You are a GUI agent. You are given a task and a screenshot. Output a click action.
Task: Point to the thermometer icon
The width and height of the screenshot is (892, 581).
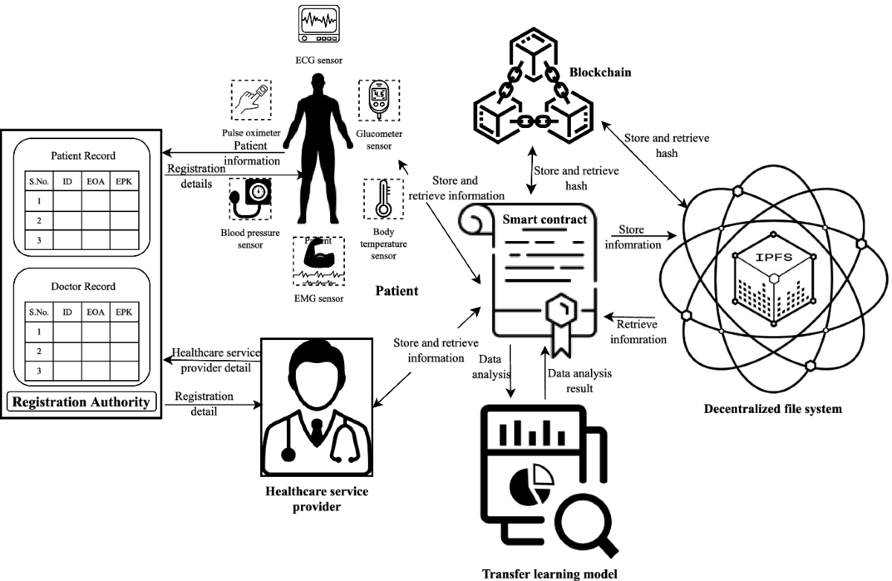pos(383,200)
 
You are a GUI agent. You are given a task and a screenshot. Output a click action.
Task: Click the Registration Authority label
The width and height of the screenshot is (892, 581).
pos(83,402)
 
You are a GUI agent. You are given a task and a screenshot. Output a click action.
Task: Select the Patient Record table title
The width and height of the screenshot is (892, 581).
pos(83,156)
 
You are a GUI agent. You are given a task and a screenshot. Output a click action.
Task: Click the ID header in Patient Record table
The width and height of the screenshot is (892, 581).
pos(67,181)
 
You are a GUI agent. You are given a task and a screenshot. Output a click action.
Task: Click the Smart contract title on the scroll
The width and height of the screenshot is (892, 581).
pos(546,219)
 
